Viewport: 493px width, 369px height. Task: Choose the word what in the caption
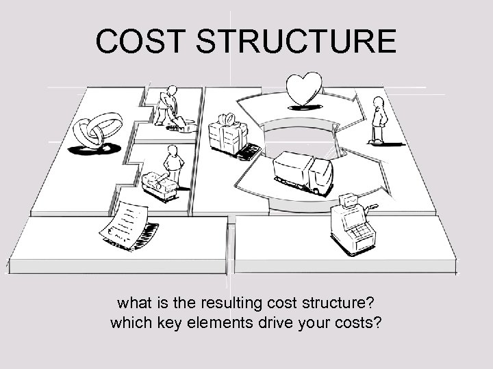[x=133, y=301]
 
